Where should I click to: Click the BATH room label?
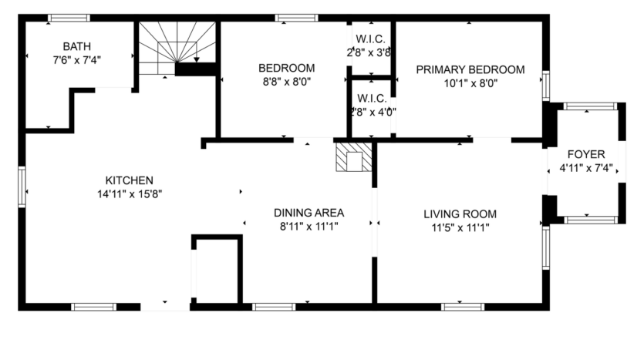77,46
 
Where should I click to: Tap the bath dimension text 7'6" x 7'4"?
77,59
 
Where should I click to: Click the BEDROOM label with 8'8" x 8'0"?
286,67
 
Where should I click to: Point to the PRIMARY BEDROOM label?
470,69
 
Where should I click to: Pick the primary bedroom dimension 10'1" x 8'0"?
470,83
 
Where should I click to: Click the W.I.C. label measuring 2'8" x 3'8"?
370,39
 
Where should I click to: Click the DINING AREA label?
309,213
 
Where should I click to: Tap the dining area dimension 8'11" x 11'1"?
309,227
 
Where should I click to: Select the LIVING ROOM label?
460,214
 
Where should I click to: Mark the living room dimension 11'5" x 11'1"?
460,227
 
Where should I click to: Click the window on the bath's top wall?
69,18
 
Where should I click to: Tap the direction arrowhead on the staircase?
197,59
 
